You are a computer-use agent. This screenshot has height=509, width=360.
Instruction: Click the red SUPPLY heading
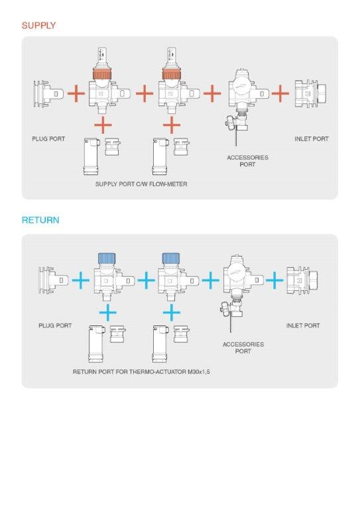pos(38,25)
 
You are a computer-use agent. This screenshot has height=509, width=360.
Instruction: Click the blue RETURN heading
pos(40,220)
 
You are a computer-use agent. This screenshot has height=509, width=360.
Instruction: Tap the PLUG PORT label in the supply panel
pos(48,139)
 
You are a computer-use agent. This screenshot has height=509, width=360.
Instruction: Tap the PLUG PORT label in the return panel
pos(55,325)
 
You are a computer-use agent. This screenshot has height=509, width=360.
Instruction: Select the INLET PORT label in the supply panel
pos(312,139)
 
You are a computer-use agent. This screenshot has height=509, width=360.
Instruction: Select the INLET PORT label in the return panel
pos(303,325)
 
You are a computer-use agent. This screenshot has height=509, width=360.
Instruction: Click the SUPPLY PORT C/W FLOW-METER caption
pos(141,184)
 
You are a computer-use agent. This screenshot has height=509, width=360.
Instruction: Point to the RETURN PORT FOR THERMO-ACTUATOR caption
pos(141,372)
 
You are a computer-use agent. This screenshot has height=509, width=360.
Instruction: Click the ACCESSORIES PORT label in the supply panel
pos(247,161)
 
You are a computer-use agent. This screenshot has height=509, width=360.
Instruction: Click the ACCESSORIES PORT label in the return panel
pos(243,348)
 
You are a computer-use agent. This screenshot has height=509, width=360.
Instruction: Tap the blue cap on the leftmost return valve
pos(107,258)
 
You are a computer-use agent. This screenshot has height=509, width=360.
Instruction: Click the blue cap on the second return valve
pos(171,258)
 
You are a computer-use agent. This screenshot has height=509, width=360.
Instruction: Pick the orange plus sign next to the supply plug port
pos(76,94)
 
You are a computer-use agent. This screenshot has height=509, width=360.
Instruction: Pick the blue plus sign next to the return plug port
pos(80,280)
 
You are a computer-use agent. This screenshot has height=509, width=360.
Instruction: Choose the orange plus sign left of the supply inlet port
pos(280,94)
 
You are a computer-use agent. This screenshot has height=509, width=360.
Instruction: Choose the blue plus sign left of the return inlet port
pos(274,280)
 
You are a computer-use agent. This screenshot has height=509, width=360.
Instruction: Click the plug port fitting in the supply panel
pos(48,94)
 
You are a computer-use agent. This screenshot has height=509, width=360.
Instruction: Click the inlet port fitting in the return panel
pos(302,280)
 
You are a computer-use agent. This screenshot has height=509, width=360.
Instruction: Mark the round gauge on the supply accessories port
pos(241,87)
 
